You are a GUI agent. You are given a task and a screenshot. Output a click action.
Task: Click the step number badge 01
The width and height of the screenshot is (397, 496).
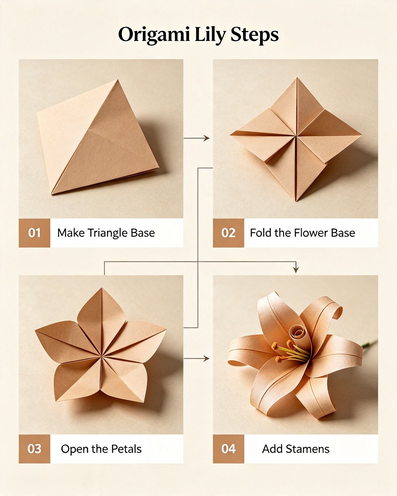(34, 233)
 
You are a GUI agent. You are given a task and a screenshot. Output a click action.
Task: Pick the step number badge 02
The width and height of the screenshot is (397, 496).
(228, 233)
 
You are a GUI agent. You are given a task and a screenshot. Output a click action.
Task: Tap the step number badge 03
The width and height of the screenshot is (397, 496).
(34, 449)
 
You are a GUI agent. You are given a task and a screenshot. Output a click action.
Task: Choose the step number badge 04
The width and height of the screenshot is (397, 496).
(228, 449)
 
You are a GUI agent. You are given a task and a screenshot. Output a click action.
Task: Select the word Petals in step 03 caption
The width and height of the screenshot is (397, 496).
(126, 449)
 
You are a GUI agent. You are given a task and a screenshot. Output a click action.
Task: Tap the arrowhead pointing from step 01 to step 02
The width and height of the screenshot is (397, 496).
(206, 138)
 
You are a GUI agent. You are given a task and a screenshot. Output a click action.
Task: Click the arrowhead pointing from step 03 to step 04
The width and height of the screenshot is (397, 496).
(206, 359)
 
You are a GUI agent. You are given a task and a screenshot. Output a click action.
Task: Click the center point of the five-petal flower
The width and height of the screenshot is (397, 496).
(101, 356)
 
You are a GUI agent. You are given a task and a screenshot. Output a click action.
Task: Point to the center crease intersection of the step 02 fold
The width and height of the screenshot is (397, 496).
(296, 136)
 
